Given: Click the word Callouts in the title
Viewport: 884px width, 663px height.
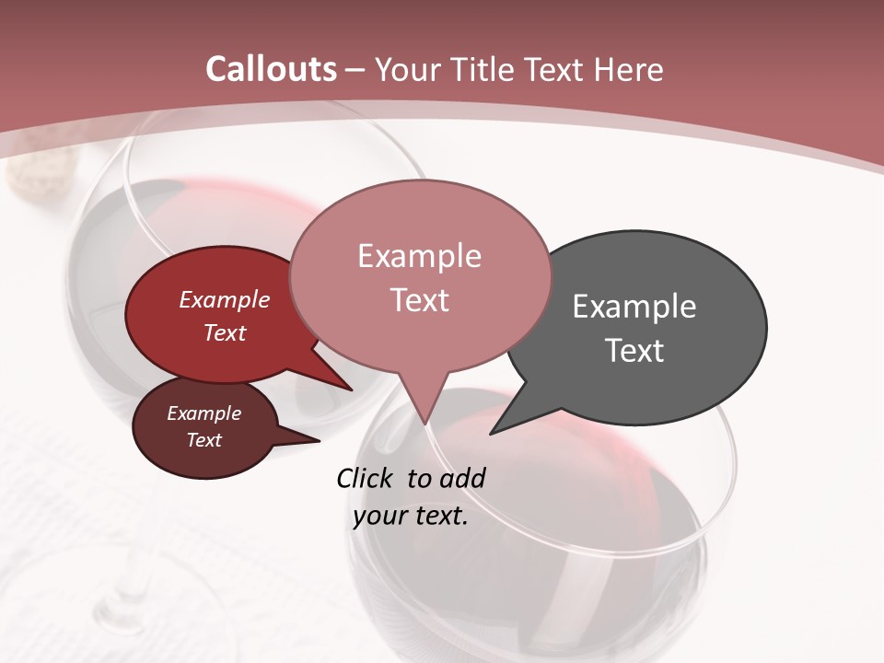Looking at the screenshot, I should click(272, 69).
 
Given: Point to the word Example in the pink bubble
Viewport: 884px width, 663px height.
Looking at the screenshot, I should click(419, 256).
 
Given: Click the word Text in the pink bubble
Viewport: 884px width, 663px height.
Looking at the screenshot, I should click(420, 300).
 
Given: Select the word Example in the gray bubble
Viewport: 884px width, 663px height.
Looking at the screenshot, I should click(634, 307).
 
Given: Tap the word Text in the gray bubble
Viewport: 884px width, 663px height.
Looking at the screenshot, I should click(634, 351).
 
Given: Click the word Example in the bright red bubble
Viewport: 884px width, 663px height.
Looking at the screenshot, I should click(225, 300).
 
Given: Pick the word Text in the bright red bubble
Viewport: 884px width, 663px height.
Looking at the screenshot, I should click(225, 332).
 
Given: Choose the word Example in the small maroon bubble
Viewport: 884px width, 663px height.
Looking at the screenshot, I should click(204, 413).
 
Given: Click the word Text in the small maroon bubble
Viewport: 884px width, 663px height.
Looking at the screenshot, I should click(204, 440).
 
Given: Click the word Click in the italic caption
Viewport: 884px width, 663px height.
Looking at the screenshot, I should click(366, 478).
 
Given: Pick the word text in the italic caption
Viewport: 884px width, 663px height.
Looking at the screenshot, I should click(437, 516).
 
